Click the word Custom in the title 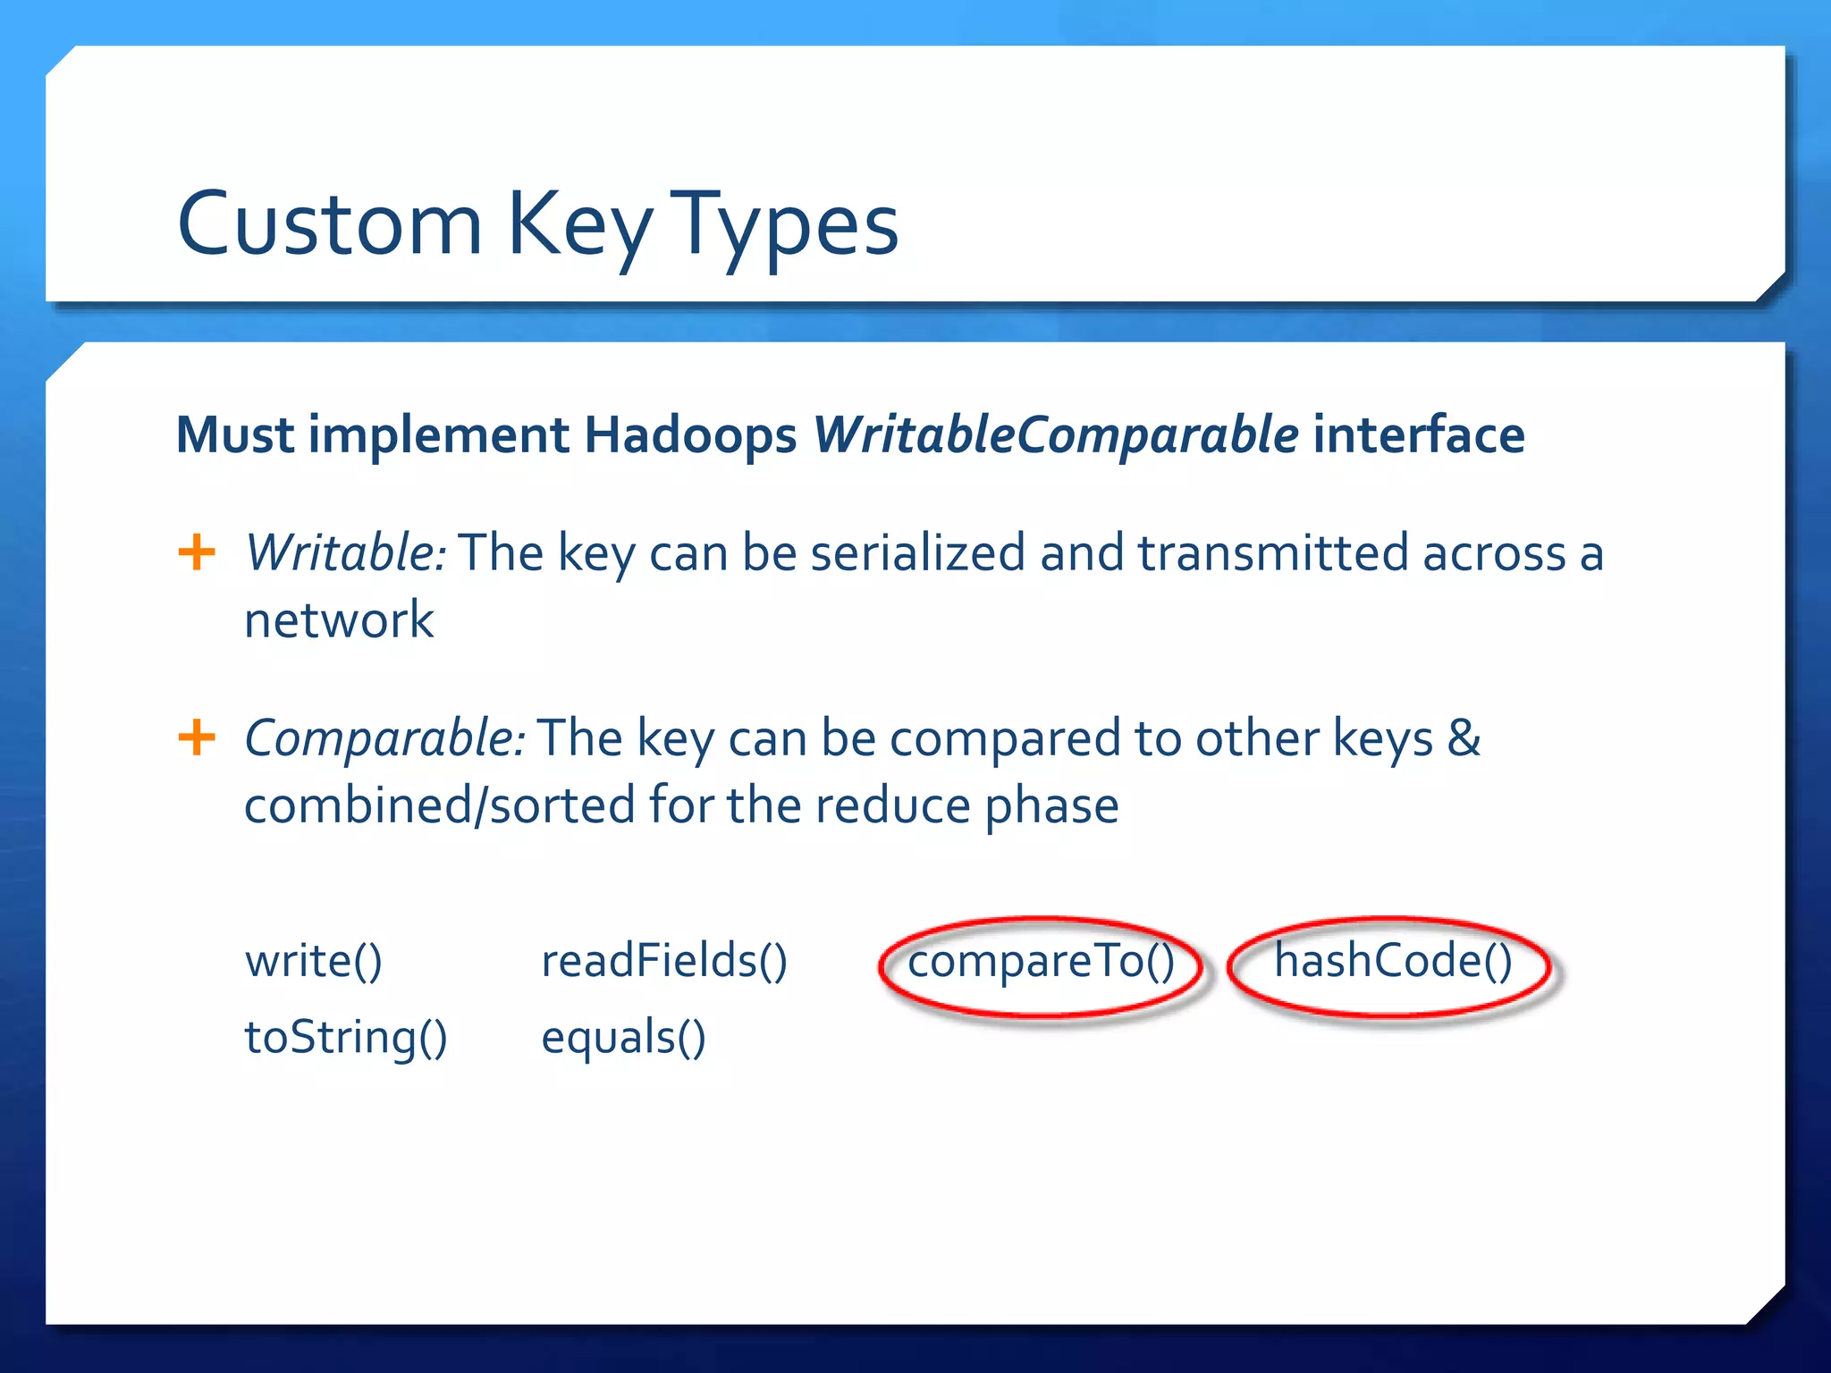tap(330, 223)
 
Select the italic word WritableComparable tap(1055, 435)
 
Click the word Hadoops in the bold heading tap(689, 435)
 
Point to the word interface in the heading tap(1418, 435)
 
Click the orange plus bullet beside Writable tap(197, 552)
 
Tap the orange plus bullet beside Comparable tap(197, 737)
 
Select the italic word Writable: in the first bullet tap(345, 552)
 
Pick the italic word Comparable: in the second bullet tap(384, 738)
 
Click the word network tap(339, 620)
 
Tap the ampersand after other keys tap(1464, 738)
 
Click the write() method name tap(314, 962)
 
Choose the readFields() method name tap(664, 962)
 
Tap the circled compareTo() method tap(1041, 963)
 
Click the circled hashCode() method tap(1392, 962)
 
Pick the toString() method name tap(346, 1039)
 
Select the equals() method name tap(623, 1039)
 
